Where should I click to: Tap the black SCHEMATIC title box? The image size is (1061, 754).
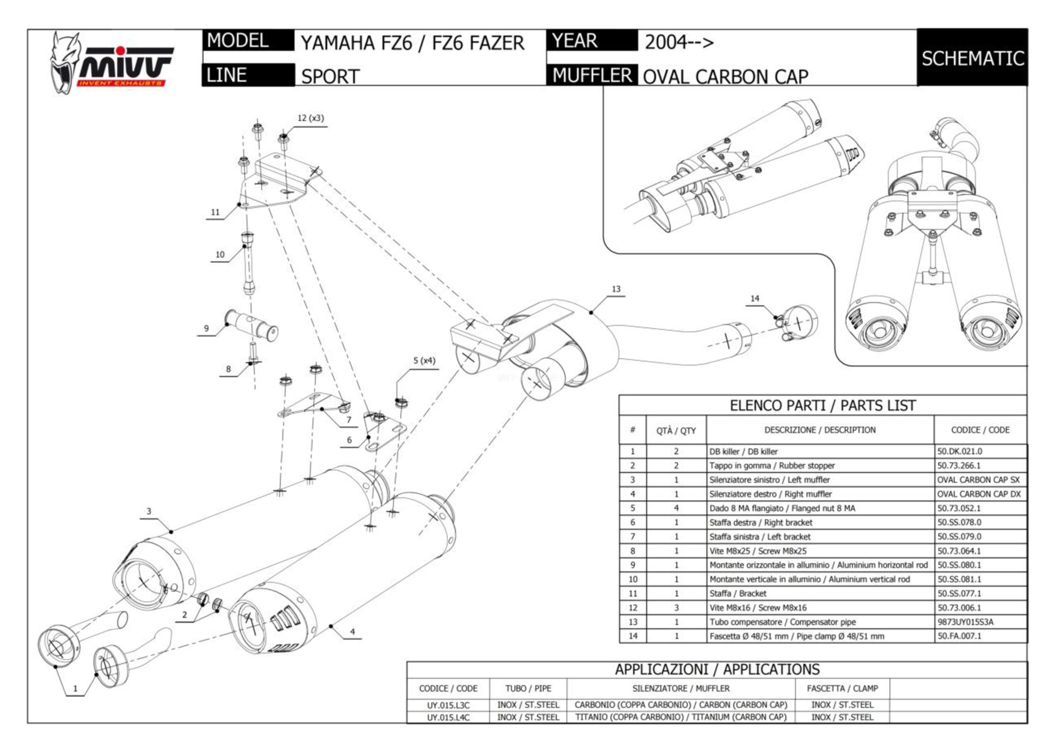click(x=972, y=58)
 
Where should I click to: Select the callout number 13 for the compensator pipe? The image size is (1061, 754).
click(x=616, y=289)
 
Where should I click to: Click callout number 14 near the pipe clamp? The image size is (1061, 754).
click(x=755, y=299)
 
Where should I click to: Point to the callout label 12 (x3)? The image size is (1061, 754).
click(x=310, y=118)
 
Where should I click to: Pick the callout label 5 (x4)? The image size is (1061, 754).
click(x=424, y=361)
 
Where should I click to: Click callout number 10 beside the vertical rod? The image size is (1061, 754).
click(x=220, y=254)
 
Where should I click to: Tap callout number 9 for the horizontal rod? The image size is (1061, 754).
click(x=206, y=329)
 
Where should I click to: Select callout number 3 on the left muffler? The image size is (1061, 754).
click(x=149, y=511)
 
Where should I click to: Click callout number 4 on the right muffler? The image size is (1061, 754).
click(x=352, y=632)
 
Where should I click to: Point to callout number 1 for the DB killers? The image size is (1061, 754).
click(x=75, y=688)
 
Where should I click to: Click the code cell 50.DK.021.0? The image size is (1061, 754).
click(x=960, y=452)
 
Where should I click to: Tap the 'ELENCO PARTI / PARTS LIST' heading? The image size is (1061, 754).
click(x=822, y=405)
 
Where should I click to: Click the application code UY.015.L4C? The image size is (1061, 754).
click(x=448, y=717)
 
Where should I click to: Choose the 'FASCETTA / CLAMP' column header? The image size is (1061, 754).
click(x=842, y=688)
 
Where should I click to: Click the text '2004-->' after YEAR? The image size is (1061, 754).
click(x=679, y=42)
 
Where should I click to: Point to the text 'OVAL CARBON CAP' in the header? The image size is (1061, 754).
click(x=725, y=77)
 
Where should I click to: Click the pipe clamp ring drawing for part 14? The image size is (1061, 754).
click(x=799, y=322)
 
